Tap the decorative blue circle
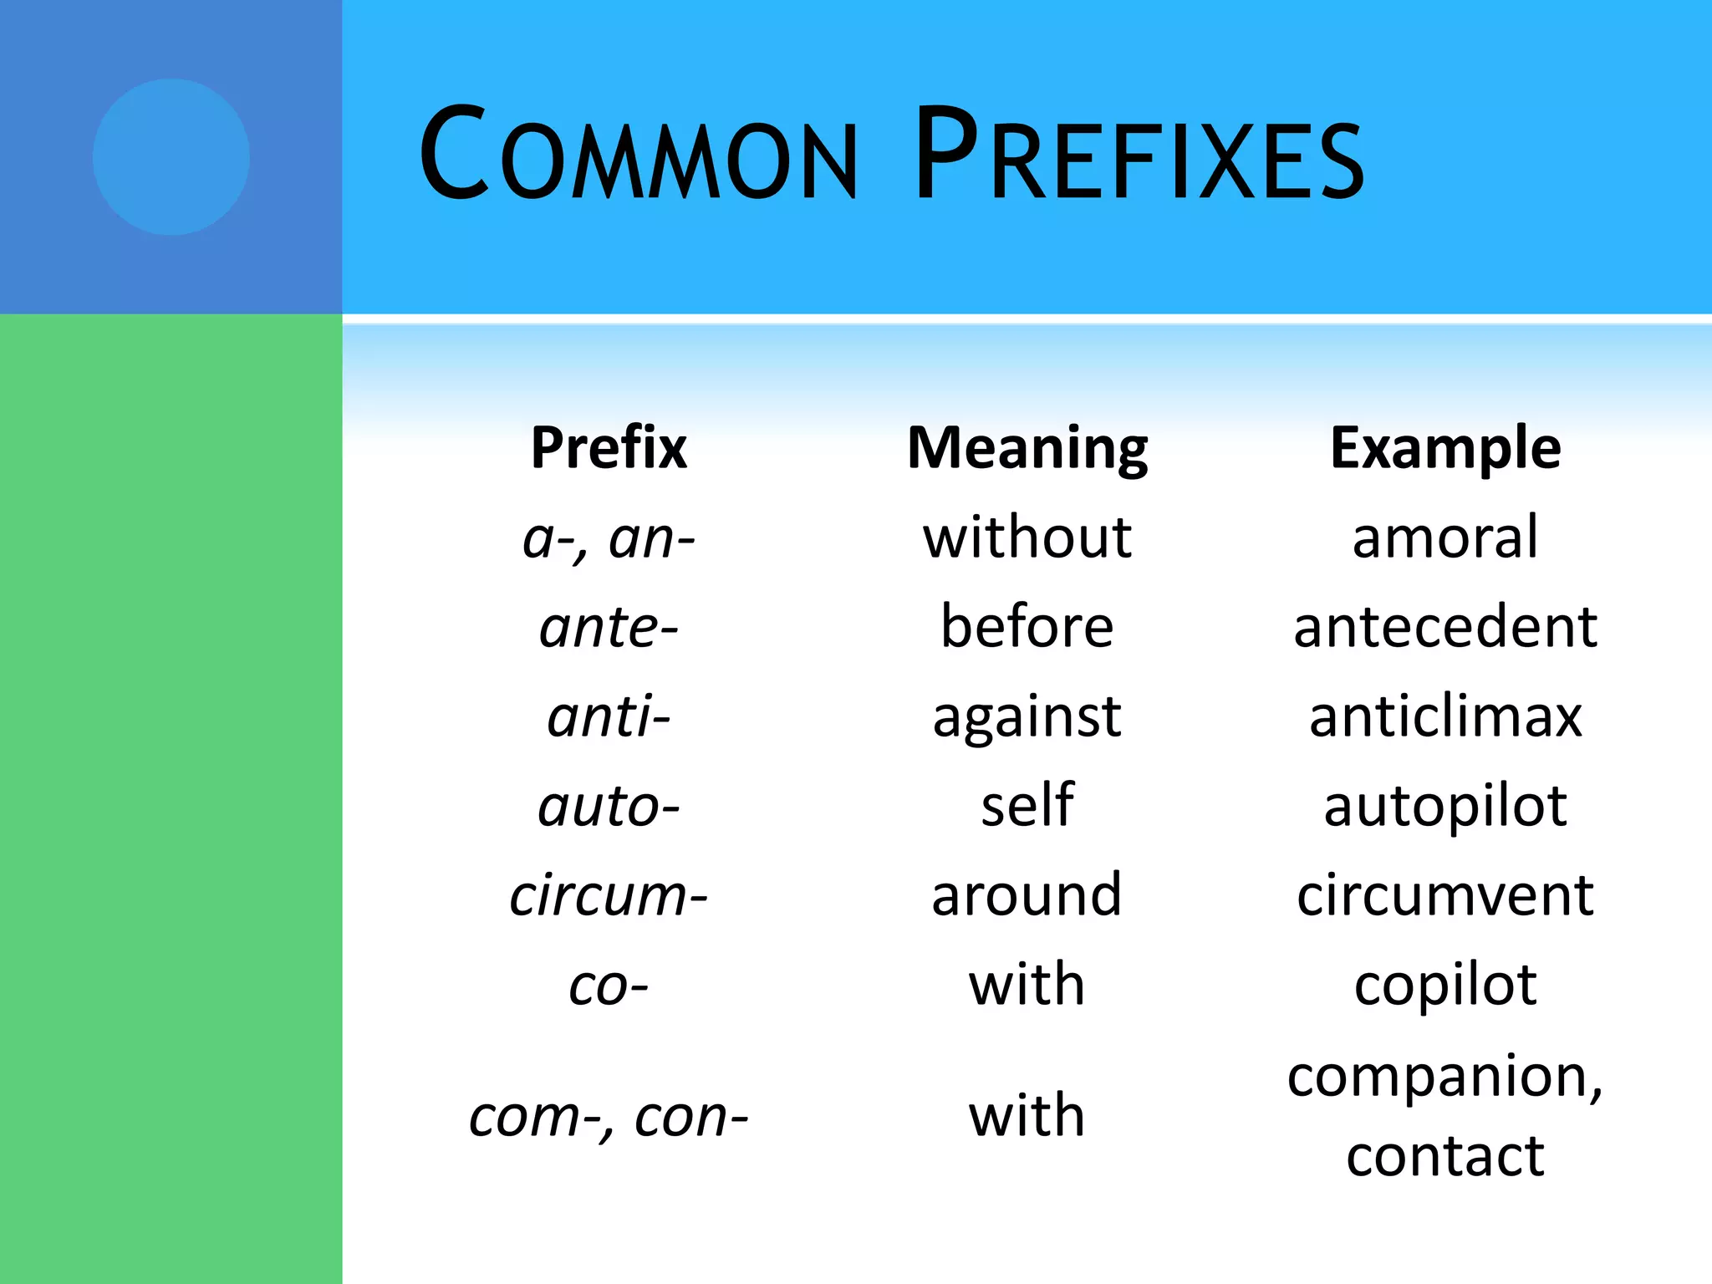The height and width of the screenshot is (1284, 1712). tap(171, 157)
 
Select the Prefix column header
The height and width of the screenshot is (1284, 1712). tap(609, 448)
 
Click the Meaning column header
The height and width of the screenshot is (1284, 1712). tap(1027, 448)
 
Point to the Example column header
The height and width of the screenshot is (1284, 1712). tap(1445, 448)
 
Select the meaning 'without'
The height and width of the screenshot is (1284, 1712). tap(1027, 538)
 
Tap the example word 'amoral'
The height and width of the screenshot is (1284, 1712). tap(1445, 538)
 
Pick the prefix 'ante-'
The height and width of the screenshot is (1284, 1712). tap(609, 628)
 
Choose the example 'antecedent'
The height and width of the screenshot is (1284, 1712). tap(1445, 627)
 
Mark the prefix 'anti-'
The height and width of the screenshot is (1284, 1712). tap(609, 717)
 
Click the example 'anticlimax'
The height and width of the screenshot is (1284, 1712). tap(1445, 717)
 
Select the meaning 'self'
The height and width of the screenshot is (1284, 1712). tap(1027, 806)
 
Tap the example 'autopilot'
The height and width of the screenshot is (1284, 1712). tap(1445, 808)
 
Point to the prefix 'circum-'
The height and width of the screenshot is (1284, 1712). tap(609, 896)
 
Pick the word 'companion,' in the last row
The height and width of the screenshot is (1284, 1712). tap(1445, 1078)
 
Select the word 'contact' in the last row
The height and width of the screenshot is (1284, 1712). tap(1445, 1157)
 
